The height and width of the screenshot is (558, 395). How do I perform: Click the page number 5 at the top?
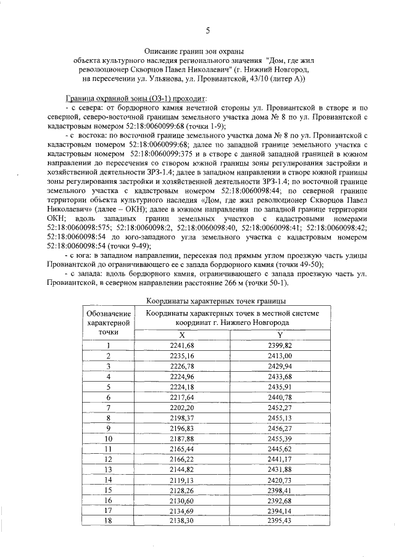(x=207, y=31)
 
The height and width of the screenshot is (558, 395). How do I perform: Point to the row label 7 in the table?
(x=108, y=408)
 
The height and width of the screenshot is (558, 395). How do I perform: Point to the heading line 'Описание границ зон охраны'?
(x=194, y=52)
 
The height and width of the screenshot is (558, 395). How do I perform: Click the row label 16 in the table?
(x=108, y=501)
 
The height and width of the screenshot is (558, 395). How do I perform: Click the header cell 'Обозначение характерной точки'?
(x=108, y=322)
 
